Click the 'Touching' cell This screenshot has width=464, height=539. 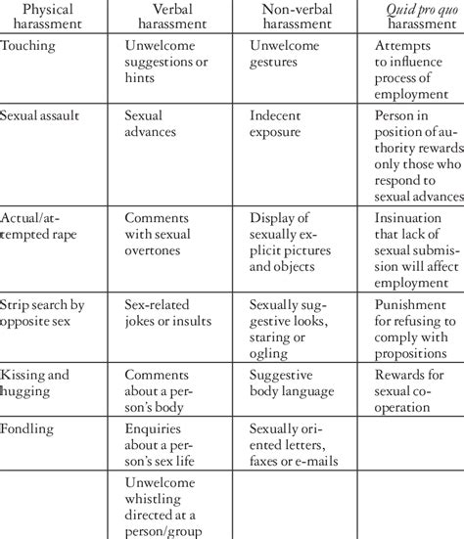pyautogui.click(x=28, y=45)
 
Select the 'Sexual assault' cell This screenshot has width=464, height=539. pyautogui.click(x=40, y=114)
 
